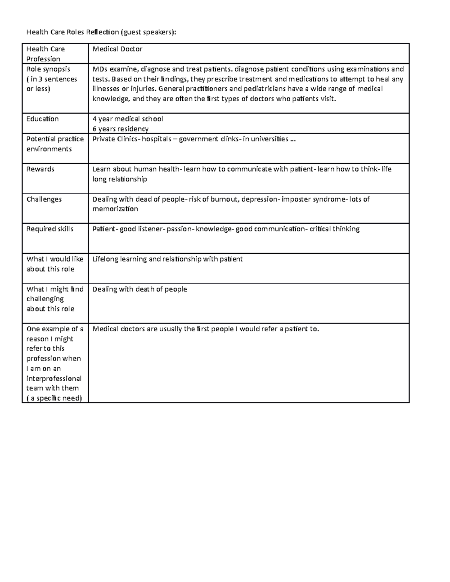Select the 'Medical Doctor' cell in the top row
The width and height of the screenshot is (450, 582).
click(117, 49)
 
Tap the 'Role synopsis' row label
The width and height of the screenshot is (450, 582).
click(48, 69)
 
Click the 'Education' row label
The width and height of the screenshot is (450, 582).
click(42, 119)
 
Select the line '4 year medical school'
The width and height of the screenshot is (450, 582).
click(127, 119)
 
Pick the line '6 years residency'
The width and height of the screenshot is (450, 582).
click(120, 129)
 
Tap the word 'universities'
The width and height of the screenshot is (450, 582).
click(269, 139)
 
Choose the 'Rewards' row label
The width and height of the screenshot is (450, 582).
click(40, 169)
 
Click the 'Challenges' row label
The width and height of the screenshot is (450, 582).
click(44, 199)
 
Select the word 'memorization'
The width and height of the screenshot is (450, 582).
click(115, 209)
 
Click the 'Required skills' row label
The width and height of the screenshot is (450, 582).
click(50, 229)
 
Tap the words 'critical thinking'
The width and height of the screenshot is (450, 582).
click(334, 229)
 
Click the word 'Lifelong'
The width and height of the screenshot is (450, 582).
click(105, 259)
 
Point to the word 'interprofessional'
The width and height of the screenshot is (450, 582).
click(54, 379)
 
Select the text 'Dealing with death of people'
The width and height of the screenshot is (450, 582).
click(139, 289)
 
